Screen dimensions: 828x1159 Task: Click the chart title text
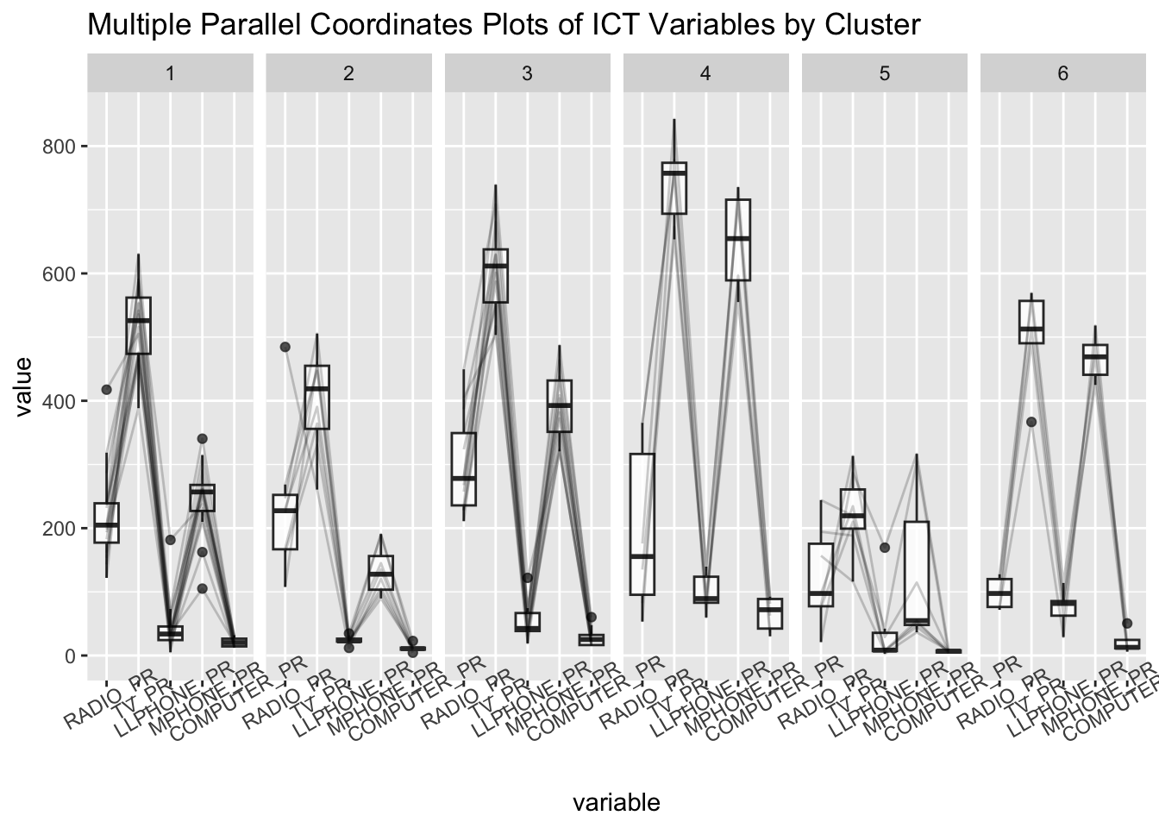pyautogui.click(x=504, y=25)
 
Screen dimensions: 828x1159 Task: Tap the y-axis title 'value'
pyautogui.click(x=23, y=386)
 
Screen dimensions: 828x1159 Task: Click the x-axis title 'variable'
pyautogui.click(x=617, y=803)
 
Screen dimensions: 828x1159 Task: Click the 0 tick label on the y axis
pyautogui.click(x=70, y=655)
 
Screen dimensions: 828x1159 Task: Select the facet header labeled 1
pyautogui.click(x=170, y=73)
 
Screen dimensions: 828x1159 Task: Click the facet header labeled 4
pyautogui.click(x=705, y=73)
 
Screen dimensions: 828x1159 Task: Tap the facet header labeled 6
pyautogui.click(x=1062, y=73)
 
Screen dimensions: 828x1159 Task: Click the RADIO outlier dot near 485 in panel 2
pyautogui.click(x=285, y=347)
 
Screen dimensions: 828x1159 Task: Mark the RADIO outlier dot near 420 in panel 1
pyautogui.click(x=107, y=390)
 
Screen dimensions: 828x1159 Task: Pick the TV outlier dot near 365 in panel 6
pyautogui.click(x=1031, y=422)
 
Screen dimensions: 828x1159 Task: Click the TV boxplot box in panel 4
pyautogui.click(x=673, y=187)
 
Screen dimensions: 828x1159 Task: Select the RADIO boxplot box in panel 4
pyautogui.click(x=642, y=524)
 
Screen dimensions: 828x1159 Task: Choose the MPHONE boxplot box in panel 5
pyautogui.click(x=917, y=573)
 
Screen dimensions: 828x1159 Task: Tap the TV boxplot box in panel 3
pyautogui.click(x=496, y=275)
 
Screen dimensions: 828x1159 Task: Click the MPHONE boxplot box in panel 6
pyautogui.click(x=1095, y=360)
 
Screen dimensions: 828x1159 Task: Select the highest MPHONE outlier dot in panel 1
pyautogui.click(x=202, y=439)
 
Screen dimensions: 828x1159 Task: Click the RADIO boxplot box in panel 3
pyautogui.click(x=464, y=468)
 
